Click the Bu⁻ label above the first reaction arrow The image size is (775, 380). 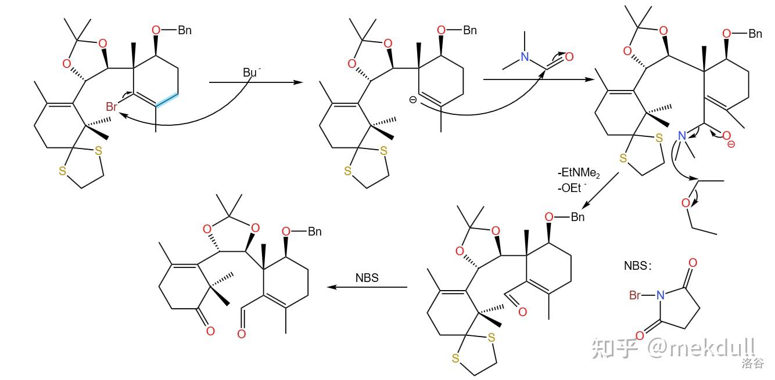point(251,73)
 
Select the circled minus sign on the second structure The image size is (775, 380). point(412,100)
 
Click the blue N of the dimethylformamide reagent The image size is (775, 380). point(525,57)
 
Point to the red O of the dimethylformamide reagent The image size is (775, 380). point(569,57)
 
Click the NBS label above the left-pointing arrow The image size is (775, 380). point(367,278)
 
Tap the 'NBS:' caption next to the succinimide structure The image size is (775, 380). point(638,266)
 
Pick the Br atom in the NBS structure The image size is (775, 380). point(635,295)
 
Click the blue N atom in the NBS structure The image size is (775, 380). point(660,295)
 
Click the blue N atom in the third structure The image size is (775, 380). point(683,136)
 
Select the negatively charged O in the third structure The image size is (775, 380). point(726,136)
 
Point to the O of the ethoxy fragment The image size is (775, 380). point(686,202)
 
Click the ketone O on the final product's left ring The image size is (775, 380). point(210,331)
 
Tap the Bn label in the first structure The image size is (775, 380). point(184,31)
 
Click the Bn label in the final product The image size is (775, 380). point(314,232)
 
